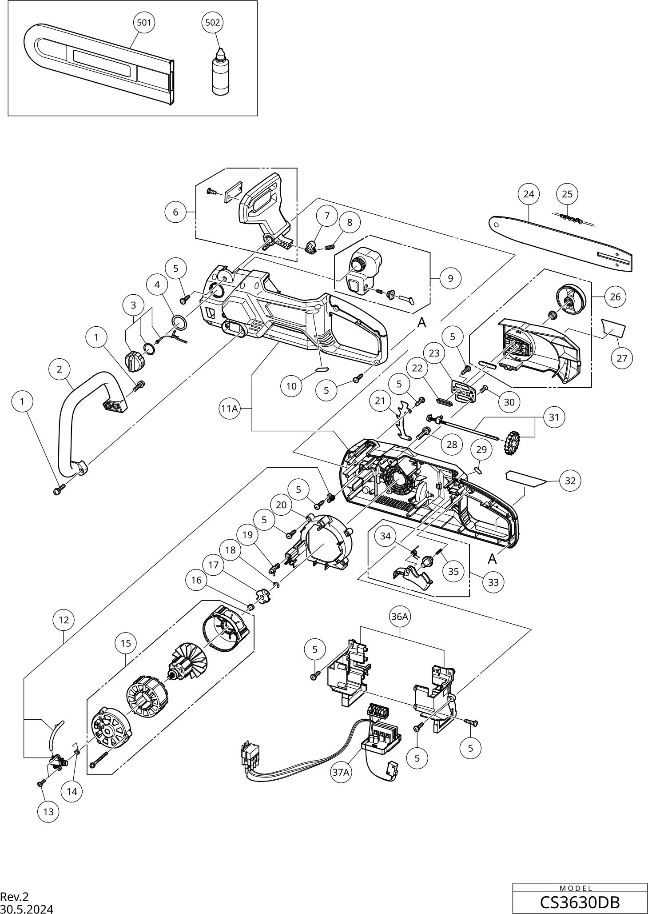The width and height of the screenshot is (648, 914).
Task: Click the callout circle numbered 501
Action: tap(144, 22)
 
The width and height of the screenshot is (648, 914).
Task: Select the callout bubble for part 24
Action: tap(529, 194)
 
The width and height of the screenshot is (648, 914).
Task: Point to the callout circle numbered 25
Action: tap(567, 194)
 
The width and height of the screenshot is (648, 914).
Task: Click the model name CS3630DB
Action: tap(580, 902)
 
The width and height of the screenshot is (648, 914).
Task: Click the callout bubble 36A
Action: tap(399, 617)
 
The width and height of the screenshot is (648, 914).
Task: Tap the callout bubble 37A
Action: tap(341, 772)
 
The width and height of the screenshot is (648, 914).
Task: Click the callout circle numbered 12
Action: tap(64, 620)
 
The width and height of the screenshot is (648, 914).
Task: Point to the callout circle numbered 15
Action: tap(126, 643)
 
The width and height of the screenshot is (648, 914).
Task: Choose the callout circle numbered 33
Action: tap(493, 582)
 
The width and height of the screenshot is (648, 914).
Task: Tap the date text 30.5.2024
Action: tap(27, 909)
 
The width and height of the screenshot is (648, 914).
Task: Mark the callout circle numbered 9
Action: tap(450, 278)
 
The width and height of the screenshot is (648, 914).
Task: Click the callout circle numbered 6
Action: tap(175, 212)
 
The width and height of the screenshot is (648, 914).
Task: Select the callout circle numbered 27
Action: tap(622, 358)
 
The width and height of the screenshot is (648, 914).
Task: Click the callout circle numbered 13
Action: tap(48, 811)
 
